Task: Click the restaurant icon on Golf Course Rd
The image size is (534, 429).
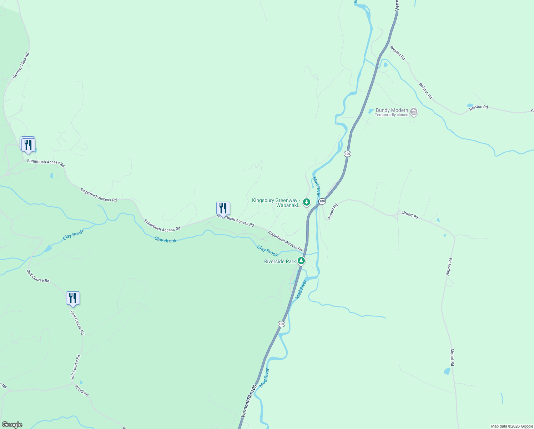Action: point(73,298)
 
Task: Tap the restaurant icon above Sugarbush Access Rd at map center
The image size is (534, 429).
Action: point(223,208)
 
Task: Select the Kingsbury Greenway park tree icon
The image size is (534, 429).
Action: point(306,202)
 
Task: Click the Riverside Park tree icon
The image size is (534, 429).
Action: point(301,261)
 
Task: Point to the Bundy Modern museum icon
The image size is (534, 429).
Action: point(414,112)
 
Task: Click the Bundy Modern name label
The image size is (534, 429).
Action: point(392,110)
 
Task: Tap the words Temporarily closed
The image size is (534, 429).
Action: point(391,115)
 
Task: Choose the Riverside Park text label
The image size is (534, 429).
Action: point(280,261)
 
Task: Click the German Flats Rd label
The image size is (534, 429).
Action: point(21,66)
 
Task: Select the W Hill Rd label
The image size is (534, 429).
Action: point(82,390)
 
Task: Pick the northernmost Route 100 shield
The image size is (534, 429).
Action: point(347,154)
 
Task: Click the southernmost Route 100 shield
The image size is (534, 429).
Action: point(281,324)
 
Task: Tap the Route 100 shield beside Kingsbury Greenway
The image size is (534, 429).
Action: point(322,202)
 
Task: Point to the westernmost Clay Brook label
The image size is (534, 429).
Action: point(74,235)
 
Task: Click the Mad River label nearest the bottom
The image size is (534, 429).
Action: point(264,378)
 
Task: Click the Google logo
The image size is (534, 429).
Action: point(12,425)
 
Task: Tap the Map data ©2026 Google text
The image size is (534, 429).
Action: point(512,426)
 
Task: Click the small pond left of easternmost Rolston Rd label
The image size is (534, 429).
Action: point(470,105)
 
